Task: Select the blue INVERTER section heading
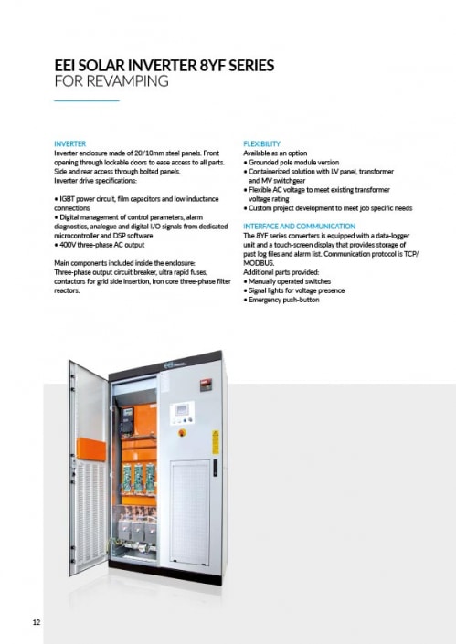tap(70, 144)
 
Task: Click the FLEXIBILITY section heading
tap(262, 144)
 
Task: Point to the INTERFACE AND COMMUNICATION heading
tap(299, 226)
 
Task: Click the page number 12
tap(37, 622)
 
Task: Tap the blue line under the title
tap(87, 100)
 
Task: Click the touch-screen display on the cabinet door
tap(183, 410)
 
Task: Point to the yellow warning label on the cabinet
tap(215, 440)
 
